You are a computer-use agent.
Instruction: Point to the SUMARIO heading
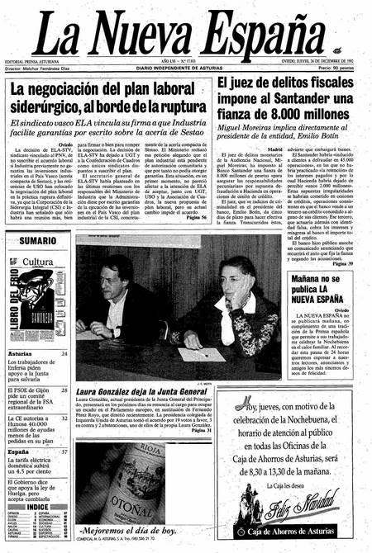38,240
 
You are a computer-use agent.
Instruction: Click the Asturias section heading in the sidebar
20,353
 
